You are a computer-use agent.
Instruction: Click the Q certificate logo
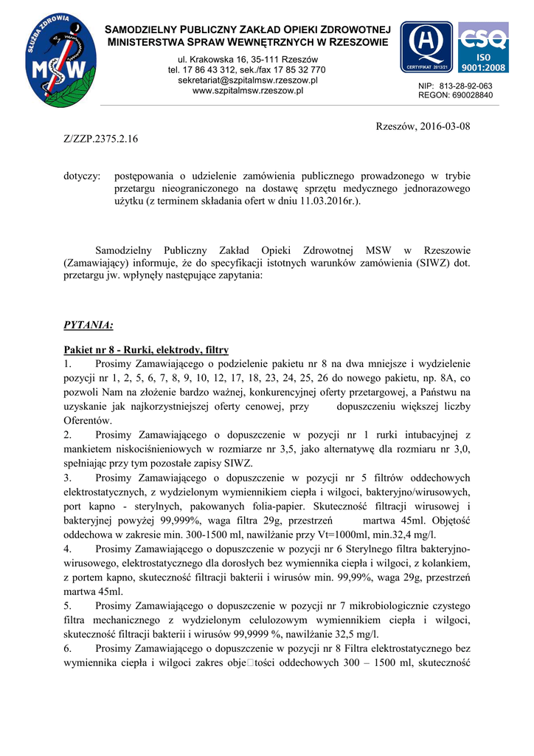(427, 46)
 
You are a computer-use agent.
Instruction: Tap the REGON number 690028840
(472, 95)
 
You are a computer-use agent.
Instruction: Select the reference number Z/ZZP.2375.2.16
(100, 138)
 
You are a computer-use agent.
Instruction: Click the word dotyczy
(82, 176)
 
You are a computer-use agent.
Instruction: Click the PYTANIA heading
(89, 324)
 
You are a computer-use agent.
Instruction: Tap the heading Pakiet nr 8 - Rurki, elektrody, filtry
(146, 350)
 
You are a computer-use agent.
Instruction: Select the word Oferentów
(88, 420)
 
